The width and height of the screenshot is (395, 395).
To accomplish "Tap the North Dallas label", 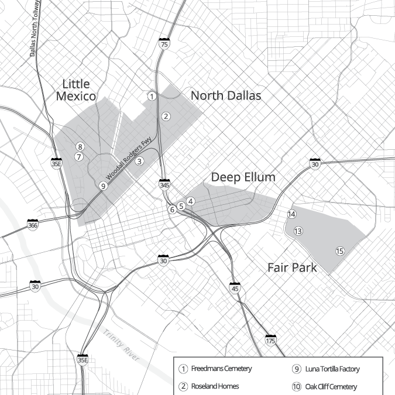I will (x=226, y=95).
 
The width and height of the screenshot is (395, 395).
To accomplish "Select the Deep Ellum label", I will (x=243, y=177).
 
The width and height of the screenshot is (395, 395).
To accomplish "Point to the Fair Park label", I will (x=292, y=268).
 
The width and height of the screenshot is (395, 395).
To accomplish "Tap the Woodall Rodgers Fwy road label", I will (x=126, y=169).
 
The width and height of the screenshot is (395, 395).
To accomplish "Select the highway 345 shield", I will (x=164, y=185).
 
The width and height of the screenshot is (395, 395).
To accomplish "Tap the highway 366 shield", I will (x=33, y=224).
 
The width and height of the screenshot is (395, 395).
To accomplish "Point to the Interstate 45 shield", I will (x=235, y=288).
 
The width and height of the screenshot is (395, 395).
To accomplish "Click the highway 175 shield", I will (x=270, y=340).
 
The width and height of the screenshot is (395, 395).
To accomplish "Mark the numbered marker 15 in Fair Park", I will (x=339, y=252).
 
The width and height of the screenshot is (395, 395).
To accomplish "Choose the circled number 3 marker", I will (x=139, y=161).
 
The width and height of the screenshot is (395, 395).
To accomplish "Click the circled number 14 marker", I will (x=291, y=214).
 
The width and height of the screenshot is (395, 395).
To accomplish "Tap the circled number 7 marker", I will (x=79, y=156).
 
